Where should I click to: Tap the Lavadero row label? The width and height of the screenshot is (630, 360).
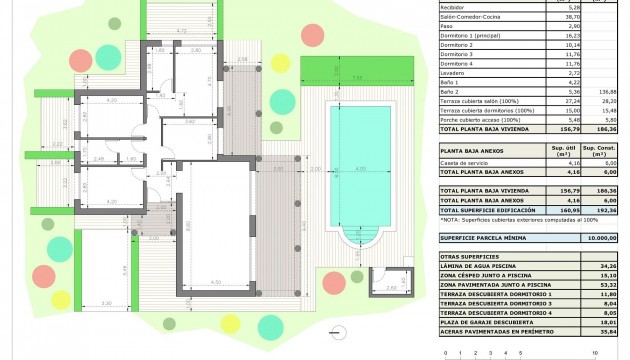[x=455, y=73]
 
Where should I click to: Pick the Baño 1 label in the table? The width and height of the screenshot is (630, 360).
[x=451, y=82]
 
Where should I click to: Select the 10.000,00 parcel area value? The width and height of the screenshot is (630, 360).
[x=601, y=238]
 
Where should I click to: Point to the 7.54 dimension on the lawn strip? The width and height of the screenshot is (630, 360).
[x=357, y=76]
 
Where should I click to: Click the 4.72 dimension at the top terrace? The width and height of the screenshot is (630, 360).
[x=181, y=33]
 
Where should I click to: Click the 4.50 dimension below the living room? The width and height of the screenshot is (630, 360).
[x=214, y=283]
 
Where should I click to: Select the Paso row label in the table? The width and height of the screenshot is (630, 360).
[x=448, y=27]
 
